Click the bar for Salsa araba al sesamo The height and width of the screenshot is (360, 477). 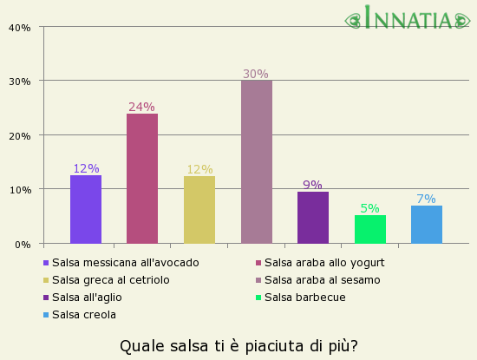(x=256, y=161)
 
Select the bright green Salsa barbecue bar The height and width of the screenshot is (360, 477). (x=369, y=229)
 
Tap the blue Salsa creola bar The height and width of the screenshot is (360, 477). (x=427, y=224)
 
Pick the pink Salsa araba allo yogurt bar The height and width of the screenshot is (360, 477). (x=142, y=178)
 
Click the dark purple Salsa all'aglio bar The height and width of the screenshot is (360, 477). (x=313, y=217)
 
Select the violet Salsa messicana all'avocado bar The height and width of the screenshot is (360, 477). (x=86, y=209)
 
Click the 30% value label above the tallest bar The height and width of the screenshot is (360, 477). (x=256, y=75)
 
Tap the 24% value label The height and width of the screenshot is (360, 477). (x=141, y=108)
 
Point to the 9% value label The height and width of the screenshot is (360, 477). (x=312, y=185)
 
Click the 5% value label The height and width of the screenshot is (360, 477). (x=369, y=208)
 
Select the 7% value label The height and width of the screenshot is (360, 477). (x=426, y=199)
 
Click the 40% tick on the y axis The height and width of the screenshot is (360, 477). (x=19, y=27)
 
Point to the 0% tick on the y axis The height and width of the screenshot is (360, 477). (x=22, y=244)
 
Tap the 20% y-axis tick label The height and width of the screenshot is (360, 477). (x=19, y=135)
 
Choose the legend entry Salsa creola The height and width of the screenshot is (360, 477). (x=83, y=315)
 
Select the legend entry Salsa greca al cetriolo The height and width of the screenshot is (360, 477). (x=110, y=280)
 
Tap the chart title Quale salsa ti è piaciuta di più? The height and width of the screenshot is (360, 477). (x=238, y=346)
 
